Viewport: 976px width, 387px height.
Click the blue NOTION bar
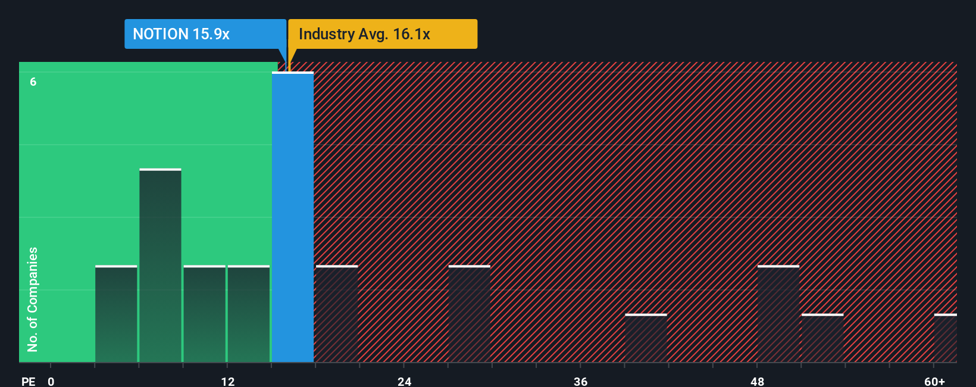pyautogui.click(x=293, y=217)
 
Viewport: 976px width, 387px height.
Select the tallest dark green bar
pyautogui.click(x=160, y=266)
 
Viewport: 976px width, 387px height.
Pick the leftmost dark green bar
pyautogui.click(x=116, y=314)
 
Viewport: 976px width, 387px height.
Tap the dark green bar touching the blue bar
pyautogui.click(x=248, y=314)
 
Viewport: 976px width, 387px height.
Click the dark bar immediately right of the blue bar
pyautogui.click(x=336, y=314)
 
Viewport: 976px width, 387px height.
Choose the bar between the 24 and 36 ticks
pyautogui.click(x=469, y=314)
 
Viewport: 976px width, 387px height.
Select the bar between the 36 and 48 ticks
pyautogui.click(x=646, y=338)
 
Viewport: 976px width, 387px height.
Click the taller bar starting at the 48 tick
pyautogui.click(x=778, y=314)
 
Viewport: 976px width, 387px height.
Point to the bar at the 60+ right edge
pyautogui.click(x=945, y=338)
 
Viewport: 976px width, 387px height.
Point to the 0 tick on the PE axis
pyautogui.click(x=51, y=382)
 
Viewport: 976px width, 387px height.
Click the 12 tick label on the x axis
pyautogui.click(x=228, y=382)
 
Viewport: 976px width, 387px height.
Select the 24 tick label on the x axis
pyautogui.click(x=405, y=382)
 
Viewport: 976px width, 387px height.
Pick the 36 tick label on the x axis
pyautogui.click(x=581, y=382)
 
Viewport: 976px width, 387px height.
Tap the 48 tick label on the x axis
pyautogui.click(x=757, y=382)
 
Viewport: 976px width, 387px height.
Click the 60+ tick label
pyautogui.click(x=934, y=382)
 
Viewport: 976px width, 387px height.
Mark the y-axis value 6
pyautogui.click(x=33, y=82)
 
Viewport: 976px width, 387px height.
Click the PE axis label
pyautogui.click(x=28, y=382)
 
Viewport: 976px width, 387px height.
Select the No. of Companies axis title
pyautogui.click(x=33, y=299)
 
